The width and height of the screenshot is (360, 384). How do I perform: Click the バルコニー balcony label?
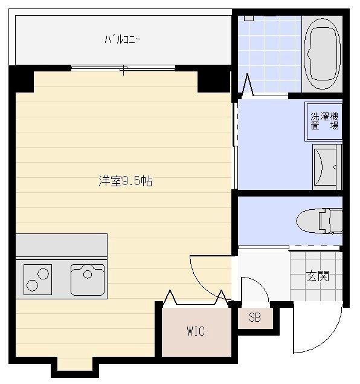(x=123, y=41)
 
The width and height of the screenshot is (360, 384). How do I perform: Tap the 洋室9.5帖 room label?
(x=125, y=181)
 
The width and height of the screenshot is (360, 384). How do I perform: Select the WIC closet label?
(x=195, y=331)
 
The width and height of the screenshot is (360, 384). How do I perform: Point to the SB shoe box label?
(x=254, y=318)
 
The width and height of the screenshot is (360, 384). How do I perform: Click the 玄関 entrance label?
(x=317, y=277)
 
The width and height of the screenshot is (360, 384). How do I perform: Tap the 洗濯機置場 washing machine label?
(x=324, y=121)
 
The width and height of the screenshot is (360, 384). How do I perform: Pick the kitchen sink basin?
(x=88, y=279)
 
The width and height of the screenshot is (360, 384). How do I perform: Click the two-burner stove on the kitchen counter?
(x=37, y=279)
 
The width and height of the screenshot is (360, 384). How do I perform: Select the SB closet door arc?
(x=257, y=288)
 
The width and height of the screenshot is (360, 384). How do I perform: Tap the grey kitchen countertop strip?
(x=61, y=246)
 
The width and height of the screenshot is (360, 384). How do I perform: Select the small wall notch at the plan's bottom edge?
(x=75, y=366)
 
